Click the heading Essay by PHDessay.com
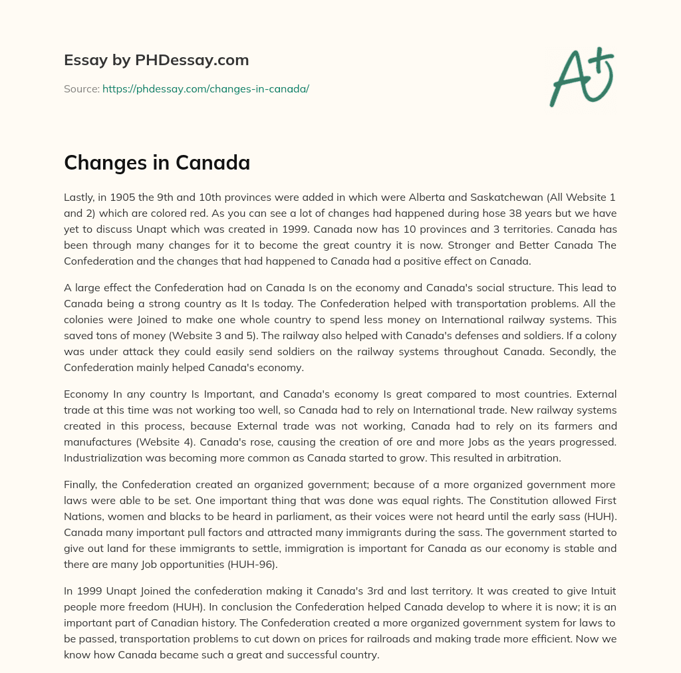click(156, 61)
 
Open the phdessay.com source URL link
click(205, 88)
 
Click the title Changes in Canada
click(157, 162)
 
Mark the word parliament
click(304, 517)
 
